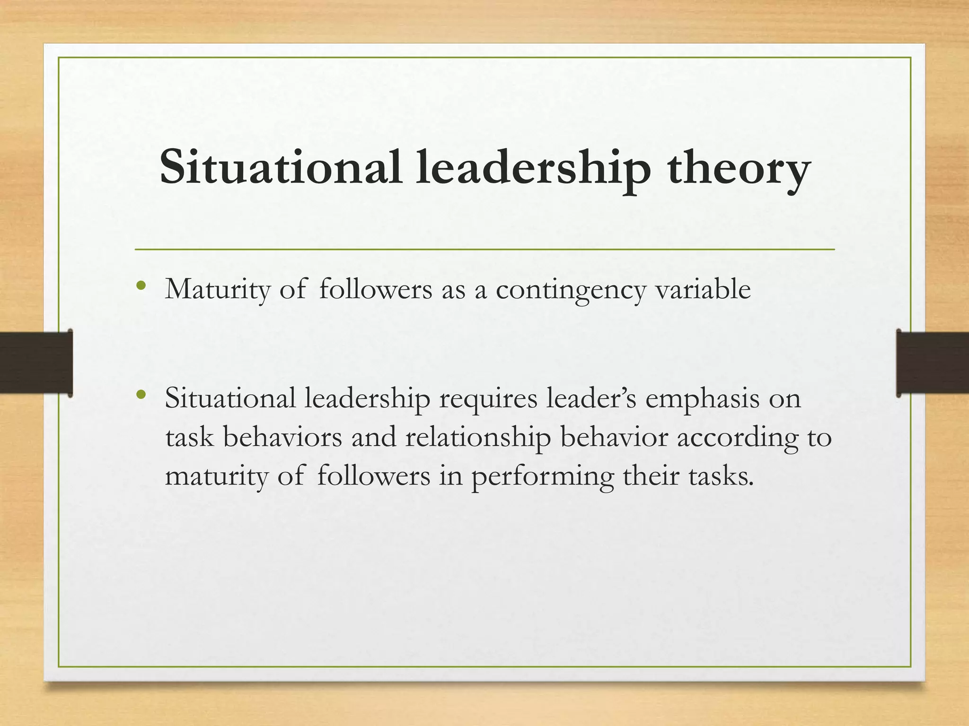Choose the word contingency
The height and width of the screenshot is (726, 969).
(x=571, y=290)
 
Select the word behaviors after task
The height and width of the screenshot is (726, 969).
(x=282, y=437)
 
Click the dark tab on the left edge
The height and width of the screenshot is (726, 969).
(x=36, y=363)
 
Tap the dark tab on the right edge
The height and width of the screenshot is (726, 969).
(x=933, y=363)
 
